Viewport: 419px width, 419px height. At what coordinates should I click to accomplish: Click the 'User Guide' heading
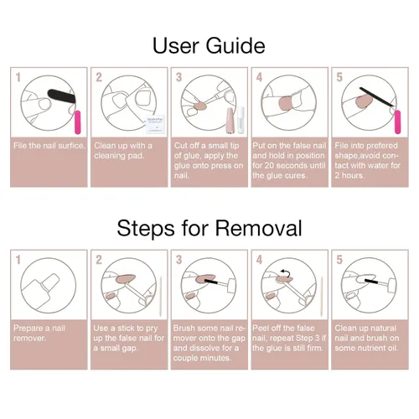[209, 46]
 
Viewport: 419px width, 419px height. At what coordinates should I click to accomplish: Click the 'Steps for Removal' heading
[209, 228]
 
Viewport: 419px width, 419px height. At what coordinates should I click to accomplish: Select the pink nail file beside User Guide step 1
[77, 122]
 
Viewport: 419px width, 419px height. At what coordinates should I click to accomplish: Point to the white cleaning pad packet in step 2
[156, 124]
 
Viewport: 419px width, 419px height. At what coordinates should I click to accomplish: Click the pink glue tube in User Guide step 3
[230, 120]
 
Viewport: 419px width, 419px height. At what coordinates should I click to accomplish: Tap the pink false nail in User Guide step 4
[286, 103]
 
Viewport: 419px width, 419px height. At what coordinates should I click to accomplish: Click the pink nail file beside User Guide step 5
[397, 122]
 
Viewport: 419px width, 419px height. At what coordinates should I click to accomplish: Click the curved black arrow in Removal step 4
[286, 272]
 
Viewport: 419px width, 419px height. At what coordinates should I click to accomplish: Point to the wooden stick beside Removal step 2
[161, 297]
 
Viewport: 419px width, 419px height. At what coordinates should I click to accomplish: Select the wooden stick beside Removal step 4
[322, 297]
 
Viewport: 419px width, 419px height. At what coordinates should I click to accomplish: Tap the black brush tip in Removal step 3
[211, 282]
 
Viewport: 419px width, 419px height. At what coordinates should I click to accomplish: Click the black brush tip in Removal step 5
[371, 282]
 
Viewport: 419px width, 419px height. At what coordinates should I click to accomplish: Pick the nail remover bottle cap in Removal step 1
[50, 282]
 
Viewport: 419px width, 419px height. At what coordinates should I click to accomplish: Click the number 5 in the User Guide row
[339, 77]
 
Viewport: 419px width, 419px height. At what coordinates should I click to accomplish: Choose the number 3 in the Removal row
[178, 260]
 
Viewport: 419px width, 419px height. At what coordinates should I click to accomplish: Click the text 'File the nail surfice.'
[49, 146]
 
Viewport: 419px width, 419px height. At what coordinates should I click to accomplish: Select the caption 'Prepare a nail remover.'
[39, 333]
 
